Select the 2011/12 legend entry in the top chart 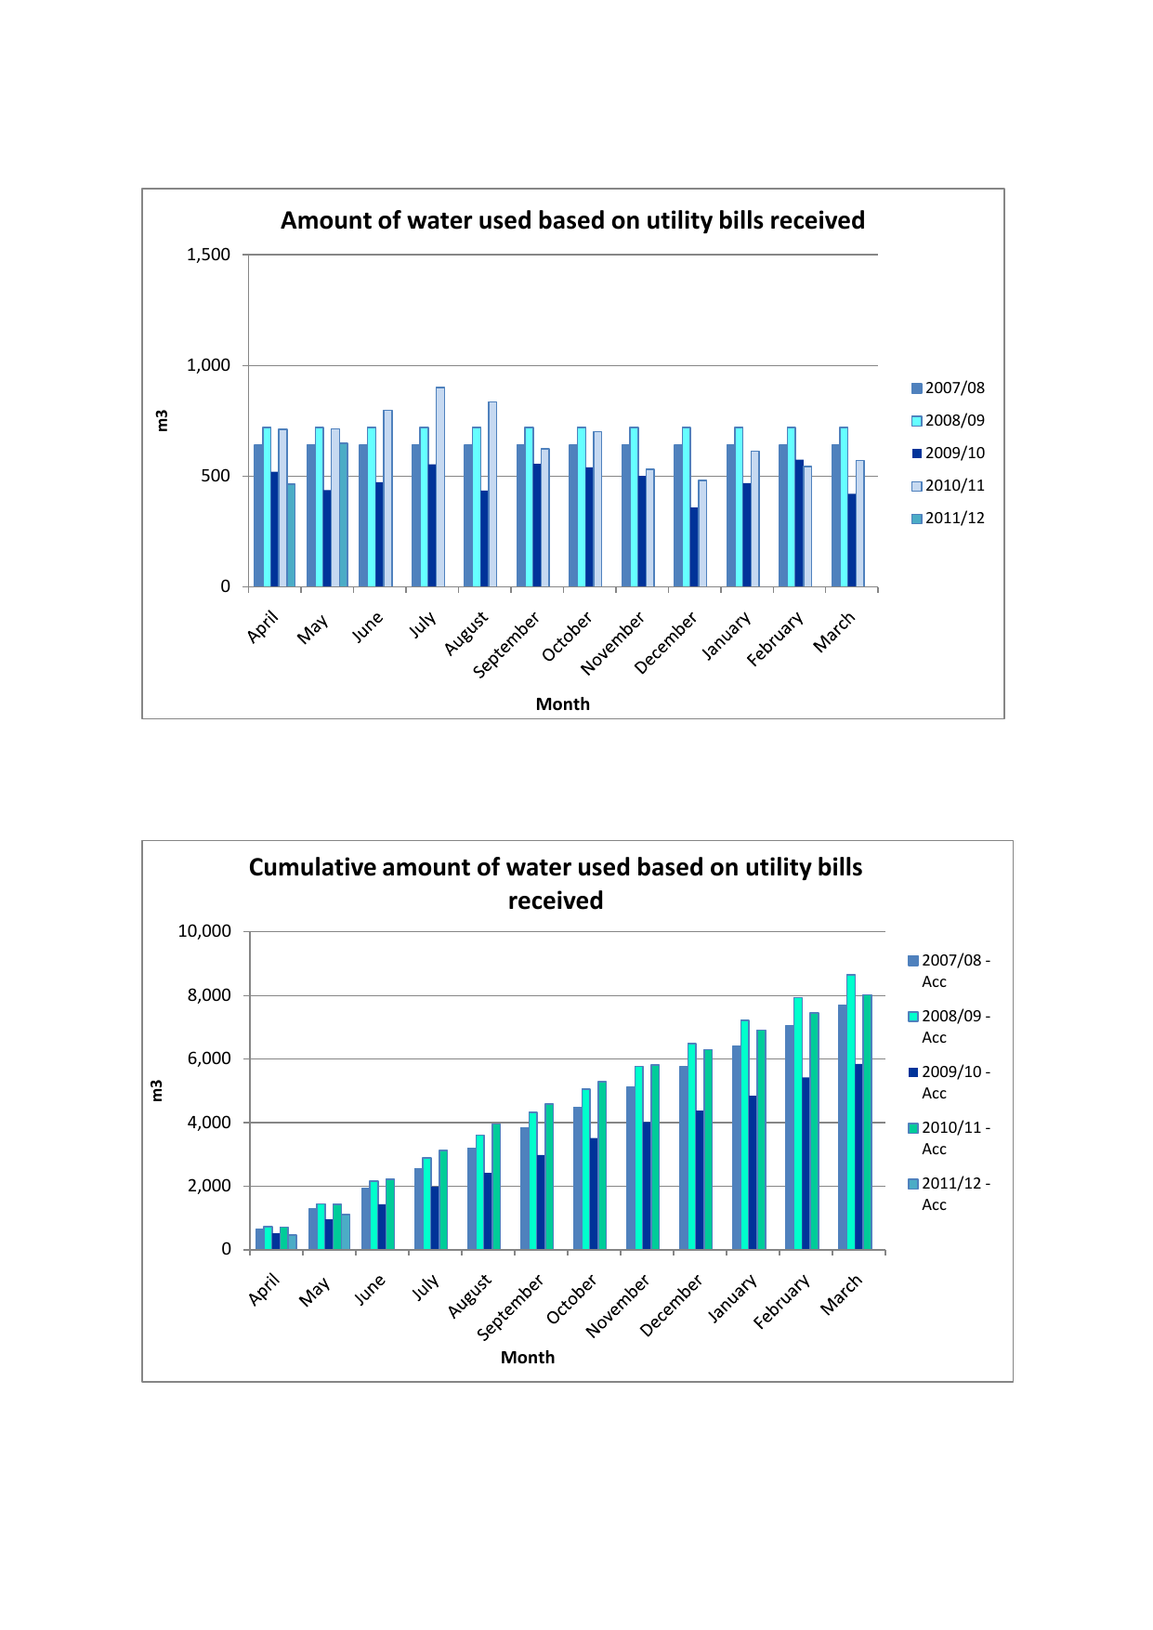tap(948, 519)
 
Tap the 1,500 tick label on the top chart tap(208, 255)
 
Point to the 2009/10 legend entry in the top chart tap(948, 454)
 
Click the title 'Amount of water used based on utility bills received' tap(572, 220)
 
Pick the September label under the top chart tap(507, 644)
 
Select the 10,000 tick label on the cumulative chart tap(204, 931)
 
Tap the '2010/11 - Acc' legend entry tap(949, 1137)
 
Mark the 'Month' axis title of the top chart tap(562, 704)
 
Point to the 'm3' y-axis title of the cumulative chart tap(157, 1091)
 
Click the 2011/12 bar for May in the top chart tap(344, 515)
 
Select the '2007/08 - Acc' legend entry tap(949, 970)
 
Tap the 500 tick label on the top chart tap(216, 476)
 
